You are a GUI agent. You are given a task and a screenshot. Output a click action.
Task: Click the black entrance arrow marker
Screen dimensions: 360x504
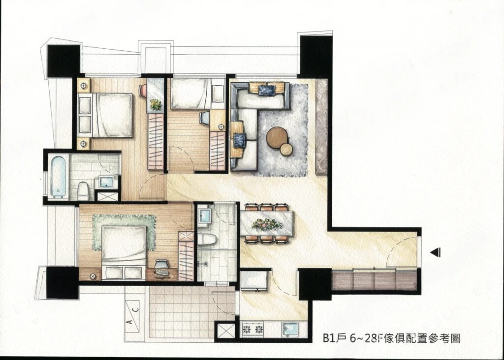point(435,252)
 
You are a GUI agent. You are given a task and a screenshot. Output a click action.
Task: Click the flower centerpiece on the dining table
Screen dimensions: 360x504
point(267,225)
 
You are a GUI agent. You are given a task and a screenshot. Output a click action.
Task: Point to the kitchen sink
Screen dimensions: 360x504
point(291,328)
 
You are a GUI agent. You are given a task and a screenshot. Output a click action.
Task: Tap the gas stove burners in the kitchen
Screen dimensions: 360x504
point(252,328)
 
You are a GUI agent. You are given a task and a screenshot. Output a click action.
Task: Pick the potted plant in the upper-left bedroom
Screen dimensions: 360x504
point(156,104)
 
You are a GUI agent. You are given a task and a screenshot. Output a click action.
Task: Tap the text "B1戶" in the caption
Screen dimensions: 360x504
point(333,338)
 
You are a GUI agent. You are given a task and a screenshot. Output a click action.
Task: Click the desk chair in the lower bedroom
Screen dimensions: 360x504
point(161,266)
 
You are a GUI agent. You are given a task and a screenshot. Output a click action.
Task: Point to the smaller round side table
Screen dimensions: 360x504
point(285,148)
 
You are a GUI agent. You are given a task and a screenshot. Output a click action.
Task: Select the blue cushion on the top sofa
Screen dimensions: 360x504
point(267,90)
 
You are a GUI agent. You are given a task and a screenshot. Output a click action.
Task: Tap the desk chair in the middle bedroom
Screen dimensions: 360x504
point(204,118)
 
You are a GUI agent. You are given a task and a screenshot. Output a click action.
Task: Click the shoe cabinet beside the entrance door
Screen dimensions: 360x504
point(375,281)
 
